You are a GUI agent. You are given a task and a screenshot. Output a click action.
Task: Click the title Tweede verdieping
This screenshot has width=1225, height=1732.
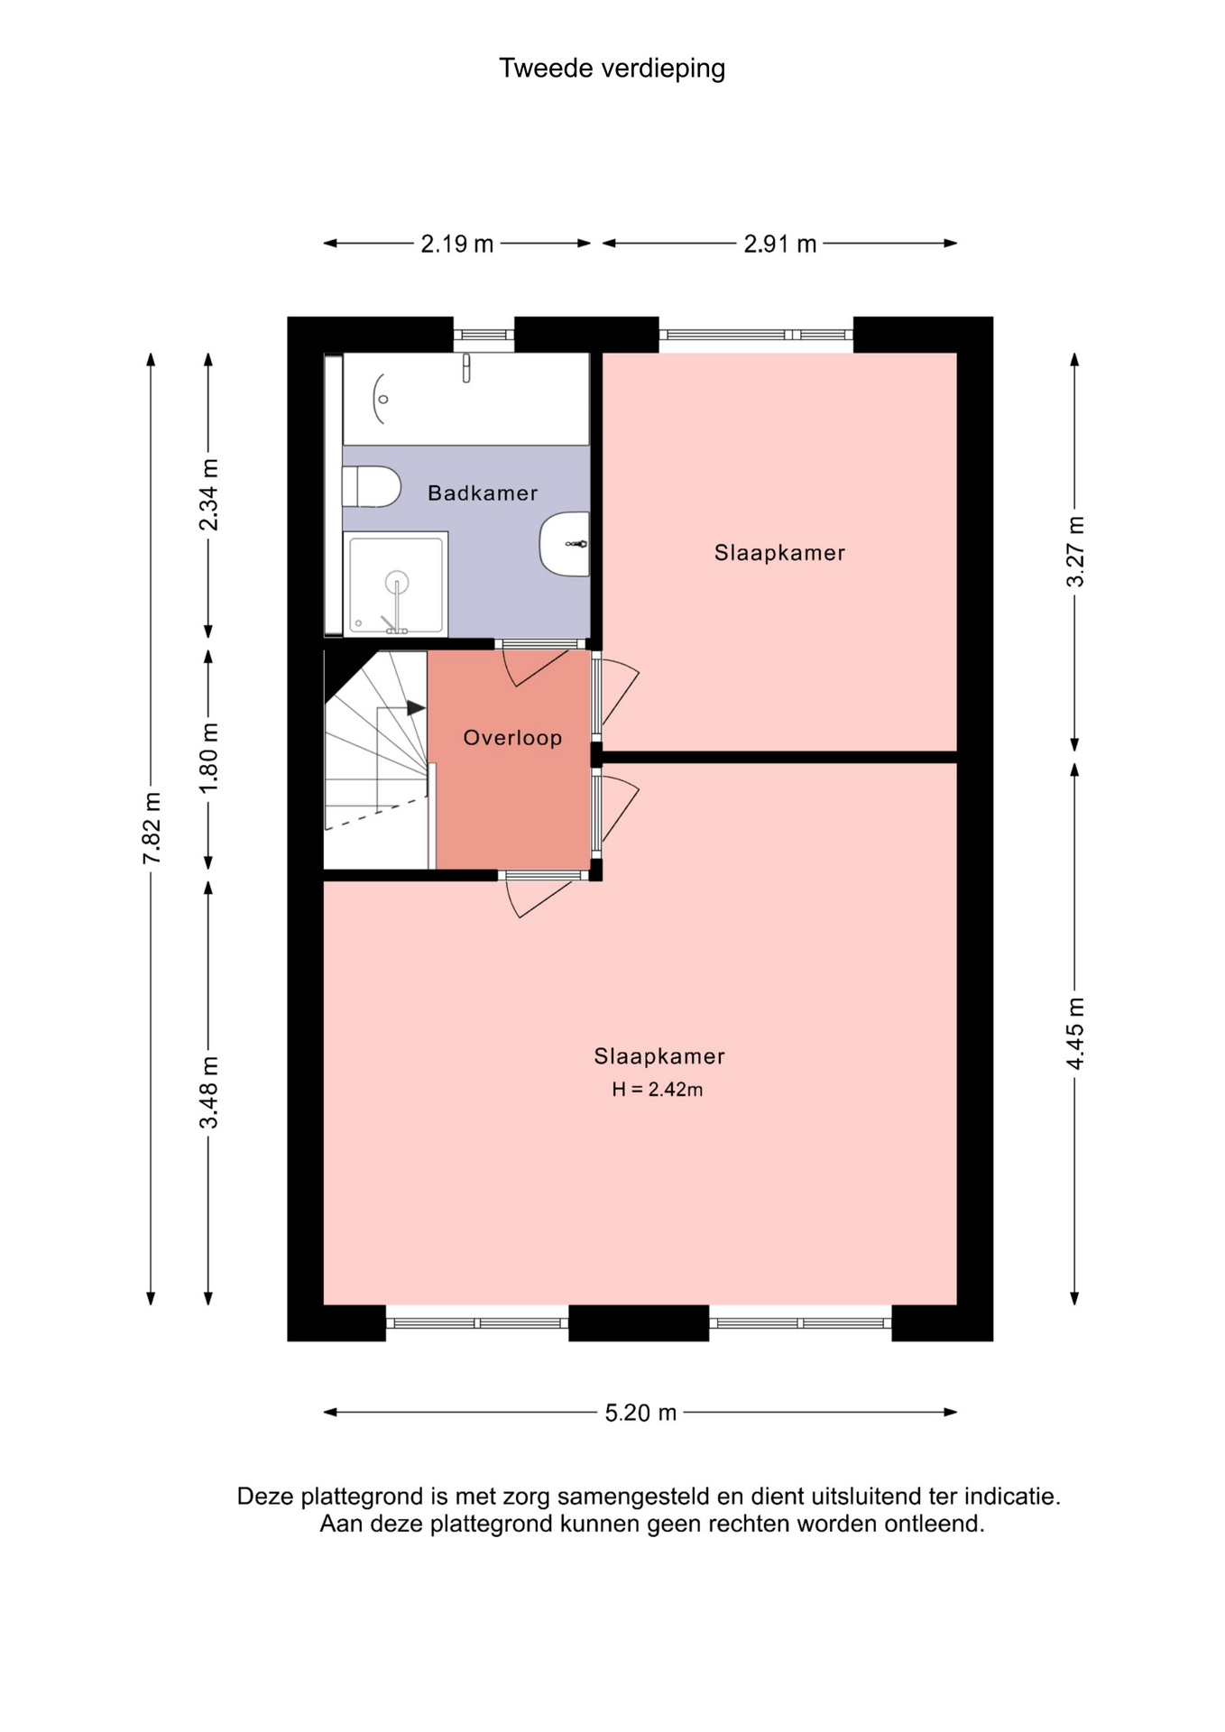click(612, 69)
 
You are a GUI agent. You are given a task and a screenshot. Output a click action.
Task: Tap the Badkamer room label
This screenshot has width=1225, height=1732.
click(483, 493)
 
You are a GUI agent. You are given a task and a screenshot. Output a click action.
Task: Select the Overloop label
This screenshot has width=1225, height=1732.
click(512, 738)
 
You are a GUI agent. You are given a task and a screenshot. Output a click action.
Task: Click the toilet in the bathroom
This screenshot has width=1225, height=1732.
click(372, 486)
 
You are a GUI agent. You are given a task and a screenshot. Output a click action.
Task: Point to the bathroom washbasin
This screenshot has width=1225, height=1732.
click(565, 544)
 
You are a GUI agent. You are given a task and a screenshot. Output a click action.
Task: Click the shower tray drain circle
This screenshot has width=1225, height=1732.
click(397, 583)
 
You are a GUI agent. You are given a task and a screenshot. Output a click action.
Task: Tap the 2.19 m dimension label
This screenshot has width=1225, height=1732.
click(457, 244)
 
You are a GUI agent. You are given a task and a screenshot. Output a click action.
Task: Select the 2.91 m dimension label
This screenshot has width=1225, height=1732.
click(780, 244)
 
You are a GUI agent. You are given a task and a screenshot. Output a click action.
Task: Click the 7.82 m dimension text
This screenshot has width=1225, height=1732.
click(152, 827)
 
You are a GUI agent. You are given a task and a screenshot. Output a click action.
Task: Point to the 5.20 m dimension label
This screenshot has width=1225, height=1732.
click(640, 1412)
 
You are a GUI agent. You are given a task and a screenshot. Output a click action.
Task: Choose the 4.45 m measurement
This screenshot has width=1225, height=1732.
click(1075, 1034)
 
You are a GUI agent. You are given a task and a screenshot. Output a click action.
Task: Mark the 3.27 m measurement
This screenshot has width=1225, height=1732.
click(1075, 551)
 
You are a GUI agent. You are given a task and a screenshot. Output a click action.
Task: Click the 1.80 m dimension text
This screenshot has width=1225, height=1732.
click(208, 759)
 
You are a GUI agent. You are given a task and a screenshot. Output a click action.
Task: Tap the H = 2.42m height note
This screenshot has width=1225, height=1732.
click(658, 1090)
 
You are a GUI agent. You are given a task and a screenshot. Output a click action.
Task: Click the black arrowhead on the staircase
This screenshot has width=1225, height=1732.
click(416, 708)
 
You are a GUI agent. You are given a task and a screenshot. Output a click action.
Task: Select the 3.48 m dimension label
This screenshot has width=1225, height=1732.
click(208, 1092)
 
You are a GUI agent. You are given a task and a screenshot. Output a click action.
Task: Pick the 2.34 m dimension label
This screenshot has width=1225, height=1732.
click(208, 495)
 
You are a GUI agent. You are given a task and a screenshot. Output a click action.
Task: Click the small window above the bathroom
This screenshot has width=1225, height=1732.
click(484, 335)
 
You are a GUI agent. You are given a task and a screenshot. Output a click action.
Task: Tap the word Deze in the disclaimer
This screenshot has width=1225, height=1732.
click(265, 1497)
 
